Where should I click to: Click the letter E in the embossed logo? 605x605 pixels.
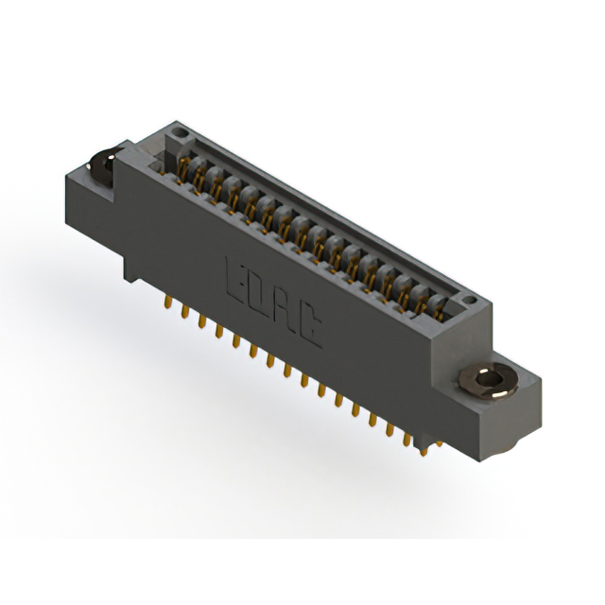coord(237,283)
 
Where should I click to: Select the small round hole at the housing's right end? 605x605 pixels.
coord(470,300)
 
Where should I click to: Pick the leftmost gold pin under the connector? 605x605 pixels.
coord(168,302)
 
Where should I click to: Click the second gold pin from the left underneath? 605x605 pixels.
coord(185,311)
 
